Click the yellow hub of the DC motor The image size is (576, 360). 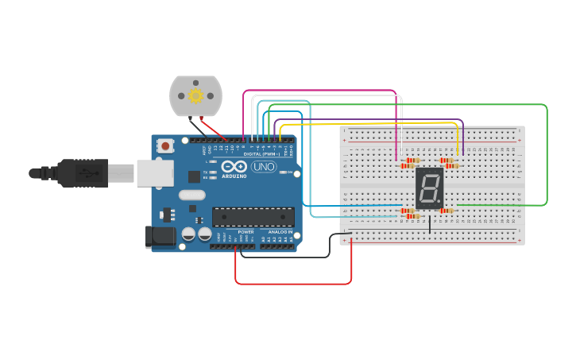point(195,95)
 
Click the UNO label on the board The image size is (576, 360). point(263,167)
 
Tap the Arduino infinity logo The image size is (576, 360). point(234,168)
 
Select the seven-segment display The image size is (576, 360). point(429,188)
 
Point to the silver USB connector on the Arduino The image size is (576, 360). point(155,172)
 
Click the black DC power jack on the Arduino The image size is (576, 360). point(160,236)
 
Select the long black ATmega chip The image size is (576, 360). point(253,216)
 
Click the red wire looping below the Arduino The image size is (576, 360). point(294,283)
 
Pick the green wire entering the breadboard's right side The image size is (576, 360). point(547,159)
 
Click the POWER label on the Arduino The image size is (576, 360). point(245,232)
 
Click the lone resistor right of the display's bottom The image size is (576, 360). point(447,211)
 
